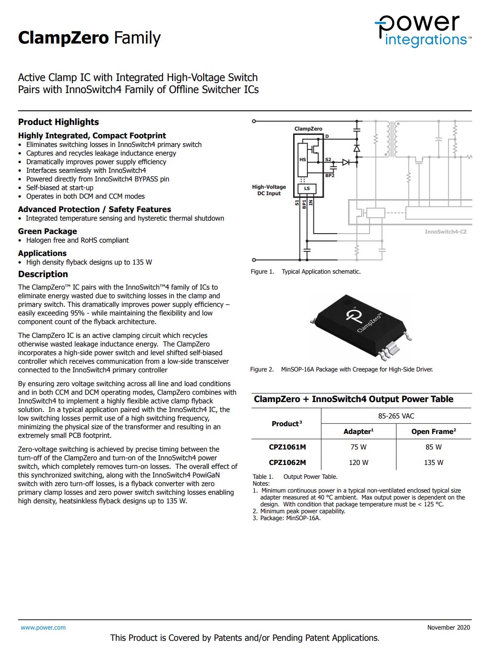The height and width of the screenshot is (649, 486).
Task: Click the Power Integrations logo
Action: coord(423,30)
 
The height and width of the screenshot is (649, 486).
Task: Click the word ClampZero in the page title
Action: coord(63,38)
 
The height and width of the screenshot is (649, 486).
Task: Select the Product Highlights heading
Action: coord(59,122)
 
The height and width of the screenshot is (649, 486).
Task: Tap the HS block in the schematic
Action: coord(303,159)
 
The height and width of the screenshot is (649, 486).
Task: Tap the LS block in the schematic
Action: coord(307,188)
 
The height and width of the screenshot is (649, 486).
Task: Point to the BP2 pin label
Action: coord(330,175)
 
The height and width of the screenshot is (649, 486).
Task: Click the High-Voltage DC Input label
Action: coord(269,190)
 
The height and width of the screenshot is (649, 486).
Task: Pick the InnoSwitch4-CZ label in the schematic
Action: coord(446,232)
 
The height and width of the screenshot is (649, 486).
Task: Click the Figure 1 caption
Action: coord(306,271)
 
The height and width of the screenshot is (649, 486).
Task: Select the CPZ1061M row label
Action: coord(287,447)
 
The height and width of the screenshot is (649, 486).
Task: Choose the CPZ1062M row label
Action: coord(287,462)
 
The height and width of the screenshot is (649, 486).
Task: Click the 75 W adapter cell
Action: coord(358,447)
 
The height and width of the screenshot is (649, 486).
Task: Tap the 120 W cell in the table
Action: coord(358,462)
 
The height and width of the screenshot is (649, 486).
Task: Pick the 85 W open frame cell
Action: coord(433,447)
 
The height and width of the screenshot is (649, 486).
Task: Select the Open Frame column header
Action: coord(433,431)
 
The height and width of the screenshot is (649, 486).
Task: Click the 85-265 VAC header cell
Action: coord(396,416)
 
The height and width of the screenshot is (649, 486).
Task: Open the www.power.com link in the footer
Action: coord(43,627)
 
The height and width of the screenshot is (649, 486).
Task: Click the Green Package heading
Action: coord(47,231)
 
